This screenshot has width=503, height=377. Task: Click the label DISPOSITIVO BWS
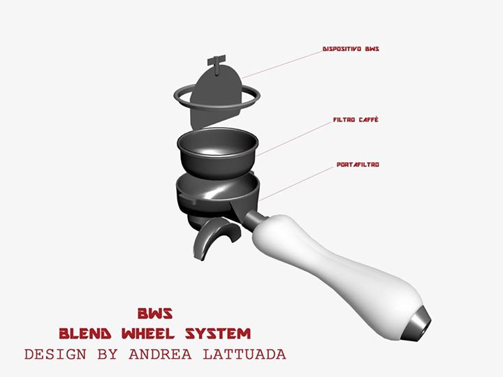[351, 50]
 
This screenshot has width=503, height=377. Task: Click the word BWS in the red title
[154, 311]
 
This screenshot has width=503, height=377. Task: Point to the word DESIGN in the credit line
[56, 354]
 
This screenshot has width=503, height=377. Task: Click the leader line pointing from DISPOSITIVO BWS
[283, 64]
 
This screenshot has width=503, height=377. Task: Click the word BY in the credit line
[108, 354]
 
